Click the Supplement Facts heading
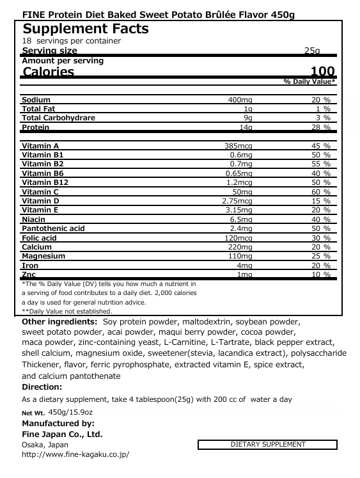86,29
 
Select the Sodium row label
36,100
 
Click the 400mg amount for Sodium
240,100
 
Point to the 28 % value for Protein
320,127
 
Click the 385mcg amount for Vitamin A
239,146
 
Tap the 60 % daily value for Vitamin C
320,191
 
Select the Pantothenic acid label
53,228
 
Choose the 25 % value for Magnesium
320,256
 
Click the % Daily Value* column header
309,83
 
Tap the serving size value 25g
313,51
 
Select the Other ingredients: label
59,321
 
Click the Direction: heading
42,386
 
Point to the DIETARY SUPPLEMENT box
267,444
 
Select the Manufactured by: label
58,423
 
